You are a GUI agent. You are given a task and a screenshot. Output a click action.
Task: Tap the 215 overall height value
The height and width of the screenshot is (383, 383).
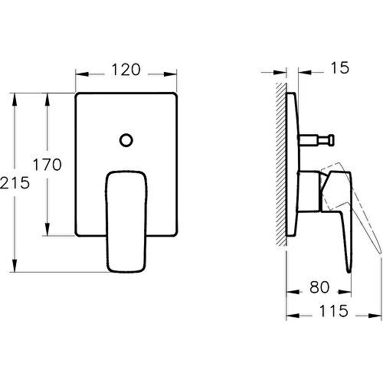point(15,182)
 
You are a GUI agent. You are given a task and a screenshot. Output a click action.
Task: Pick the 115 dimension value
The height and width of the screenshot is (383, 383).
point(330,311)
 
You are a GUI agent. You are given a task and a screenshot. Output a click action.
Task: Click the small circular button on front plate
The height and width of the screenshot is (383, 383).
point(127,140)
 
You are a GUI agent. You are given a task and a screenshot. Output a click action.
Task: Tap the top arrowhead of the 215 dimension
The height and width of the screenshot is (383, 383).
point(15,97)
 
